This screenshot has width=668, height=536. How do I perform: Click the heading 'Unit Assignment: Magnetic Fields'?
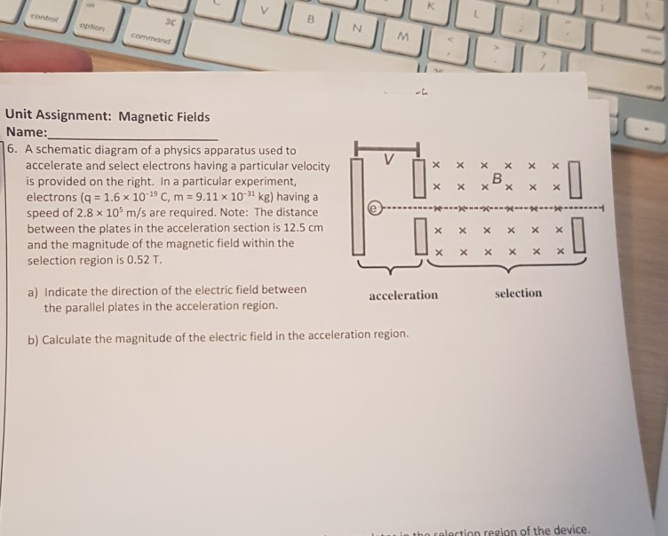click(x=107, y=116)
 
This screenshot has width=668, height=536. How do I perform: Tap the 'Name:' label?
click(x=26, y=132)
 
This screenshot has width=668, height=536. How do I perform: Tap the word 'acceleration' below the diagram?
click(x=403, y=295)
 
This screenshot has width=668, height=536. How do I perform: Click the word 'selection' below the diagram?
click(x=519, y=293)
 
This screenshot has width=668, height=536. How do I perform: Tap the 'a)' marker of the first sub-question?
click(x=33, y=290)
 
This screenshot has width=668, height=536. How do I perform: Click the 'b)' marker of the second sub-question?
click(x=33, y=337)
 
